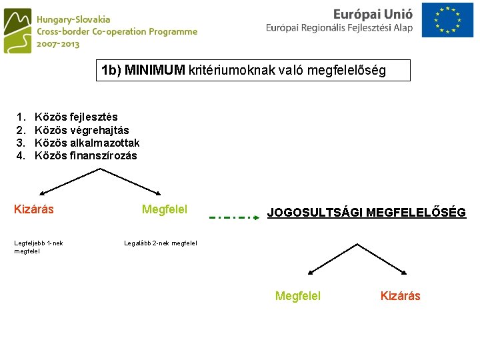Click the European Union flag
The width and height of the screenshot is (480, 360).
click(451, 21)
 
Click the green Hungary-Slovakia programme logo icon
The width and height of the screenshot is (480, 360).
click(17, 31)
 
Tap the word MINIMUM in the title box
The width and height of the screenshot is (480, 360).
click(155, 70)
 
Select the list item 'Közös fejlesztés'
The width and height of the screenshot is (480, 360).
click(76, 117)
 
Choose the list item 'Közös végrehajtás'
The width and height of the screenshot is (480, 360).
click(81, 130)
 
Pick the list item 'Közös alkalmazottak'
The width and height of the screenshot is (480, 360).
click(87, 143)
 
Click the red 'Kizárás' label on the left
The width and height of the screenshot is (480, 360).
click(34, 209)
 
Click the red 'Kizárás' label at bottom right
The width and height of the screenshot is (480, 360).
click(400, 296)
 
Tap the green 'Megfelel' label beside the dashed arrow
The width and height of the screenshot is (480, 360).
click(165, 209)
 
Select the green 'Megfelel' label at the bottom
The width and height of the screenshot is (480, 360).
click(298, 296)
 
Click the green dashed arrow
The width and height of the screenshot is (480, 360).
click(229, 217)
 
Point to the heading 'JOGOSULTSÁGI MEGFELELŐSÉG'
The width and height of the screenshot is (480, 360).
click(366, 213)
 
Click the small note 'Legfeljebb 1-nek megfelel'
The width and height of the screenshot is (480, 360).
click(39, 247)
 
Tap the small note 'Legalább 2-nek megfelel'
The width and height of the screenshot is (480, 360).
click(161, 243)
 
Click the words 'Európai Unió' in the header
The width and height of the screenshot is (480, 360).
click(373, 13)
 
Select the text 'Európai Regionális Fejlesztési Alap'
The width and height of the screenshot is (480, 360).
click(339, 28)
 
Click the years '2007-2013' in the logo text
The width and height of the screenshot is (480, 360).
click(58, 43)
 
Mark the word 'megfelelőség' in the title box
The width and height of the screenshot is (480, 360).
click(352, 70)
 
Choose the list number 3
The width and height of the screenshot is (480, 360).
click(21, 143)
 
